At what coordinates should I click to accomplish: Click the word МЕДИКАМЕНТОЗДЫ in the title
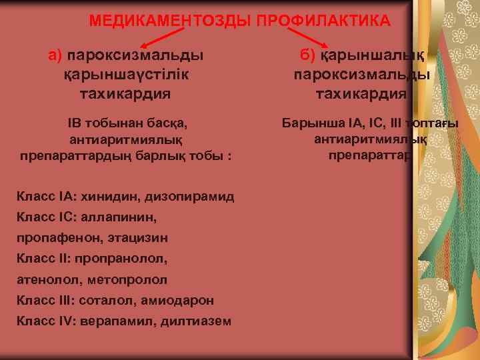click(162, 21)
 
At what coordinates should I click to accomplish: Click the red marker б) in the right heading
click(310, 53)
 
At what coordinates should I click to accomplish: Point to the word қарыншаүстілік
click(125, 74)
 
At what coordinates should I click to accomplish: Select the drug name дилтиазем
click(197, 321)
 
